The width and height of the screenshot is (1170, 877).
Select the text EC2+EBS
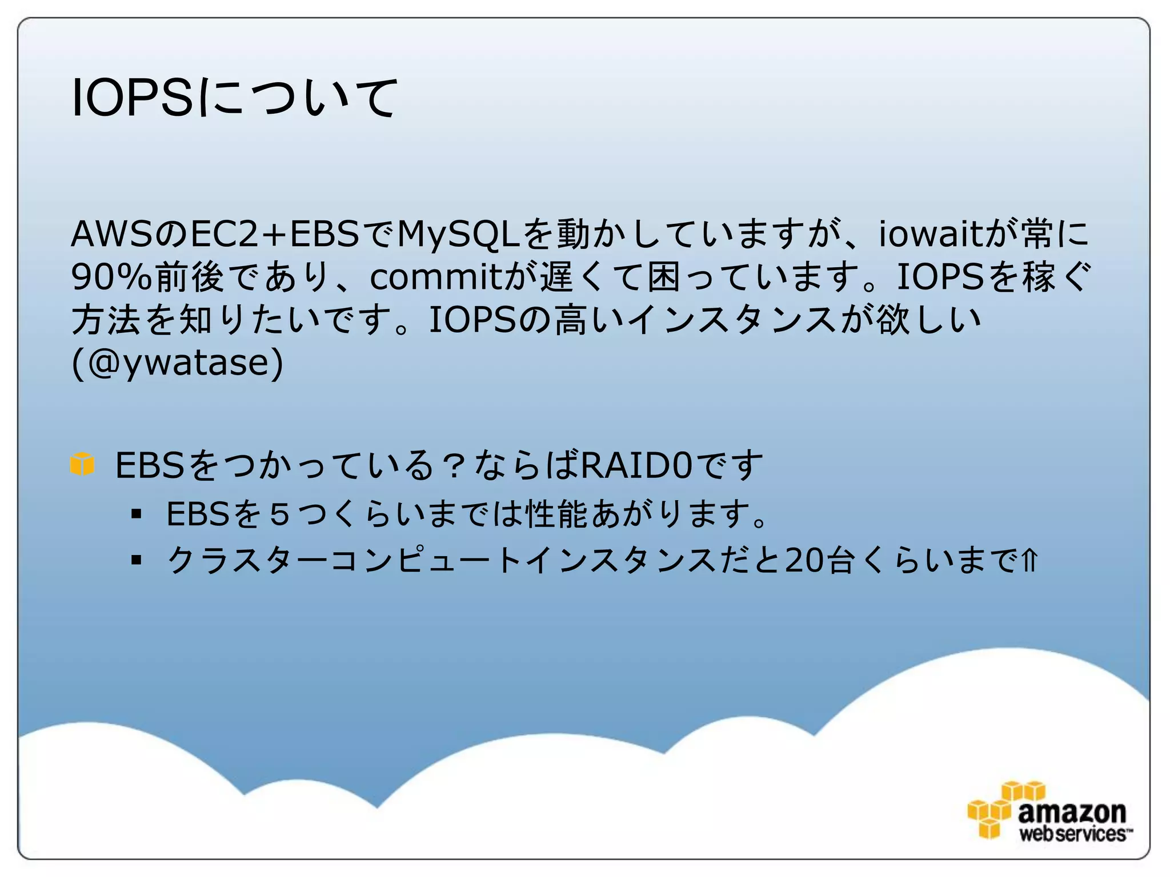click(x=274, y=234)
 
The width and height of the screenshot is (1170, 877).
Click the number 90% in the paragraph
click(x=111, y=277)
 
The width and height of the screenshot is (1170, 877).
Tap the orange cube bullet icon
click(x=82, y=464)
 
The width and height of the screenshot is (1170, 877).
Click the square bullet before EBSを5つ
click(x=136, y=514)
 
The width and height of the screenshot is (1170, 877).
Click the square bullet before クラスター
click(x=136, y=560)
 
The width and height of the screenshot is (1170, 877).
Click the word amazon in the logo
click(x=1072, y=812)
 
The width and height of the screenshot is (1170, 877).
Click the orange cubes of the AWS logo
click(x=994, y=811)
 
